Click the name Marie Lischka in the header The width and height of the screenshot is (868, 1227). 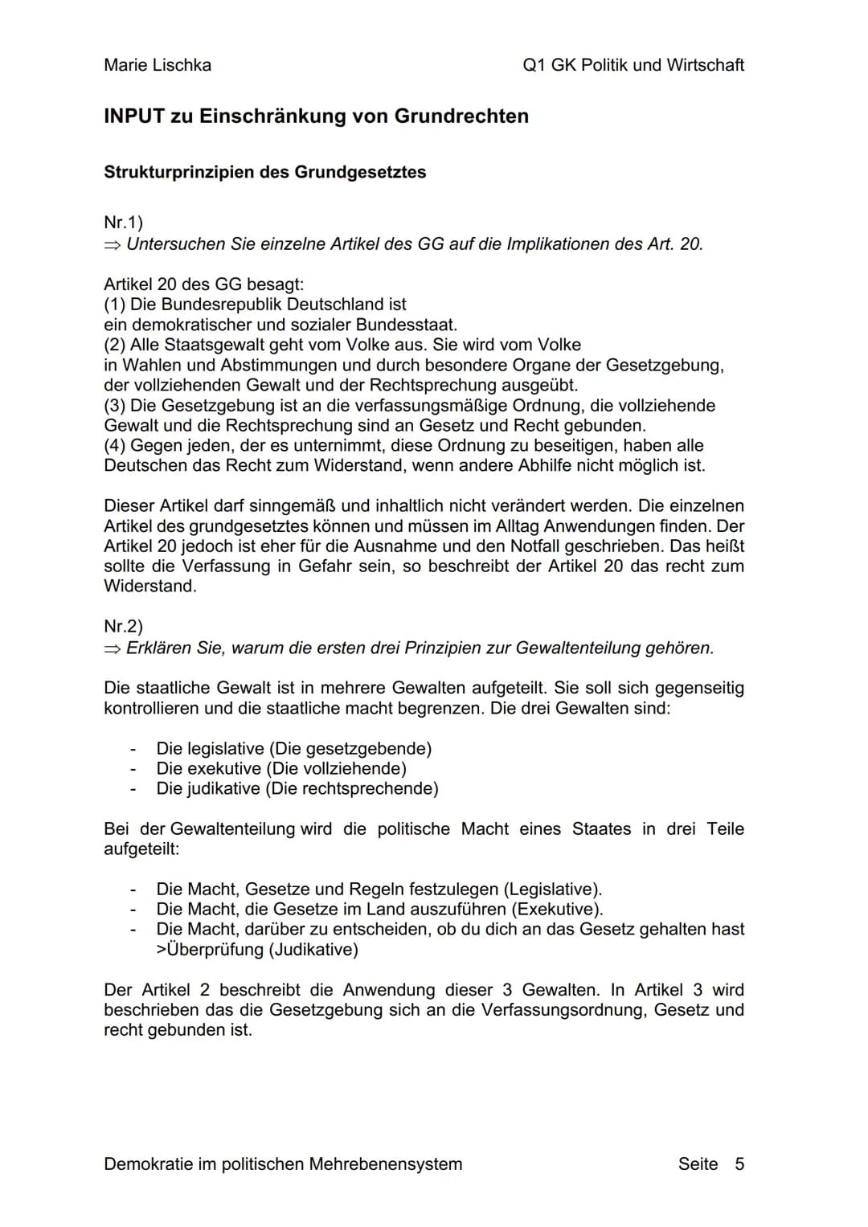[158, 65]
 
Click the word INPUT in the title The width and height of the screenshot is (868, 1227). [133, 117]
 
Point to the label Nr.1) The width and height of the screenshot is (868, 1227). [123, 223]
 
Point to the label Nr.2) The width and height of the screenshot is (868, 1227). [123, 626]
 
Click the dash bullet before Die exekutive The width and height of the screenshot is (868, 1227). [133, 769]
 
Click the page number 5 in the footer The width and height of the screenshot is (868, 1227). [739, 1164]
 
